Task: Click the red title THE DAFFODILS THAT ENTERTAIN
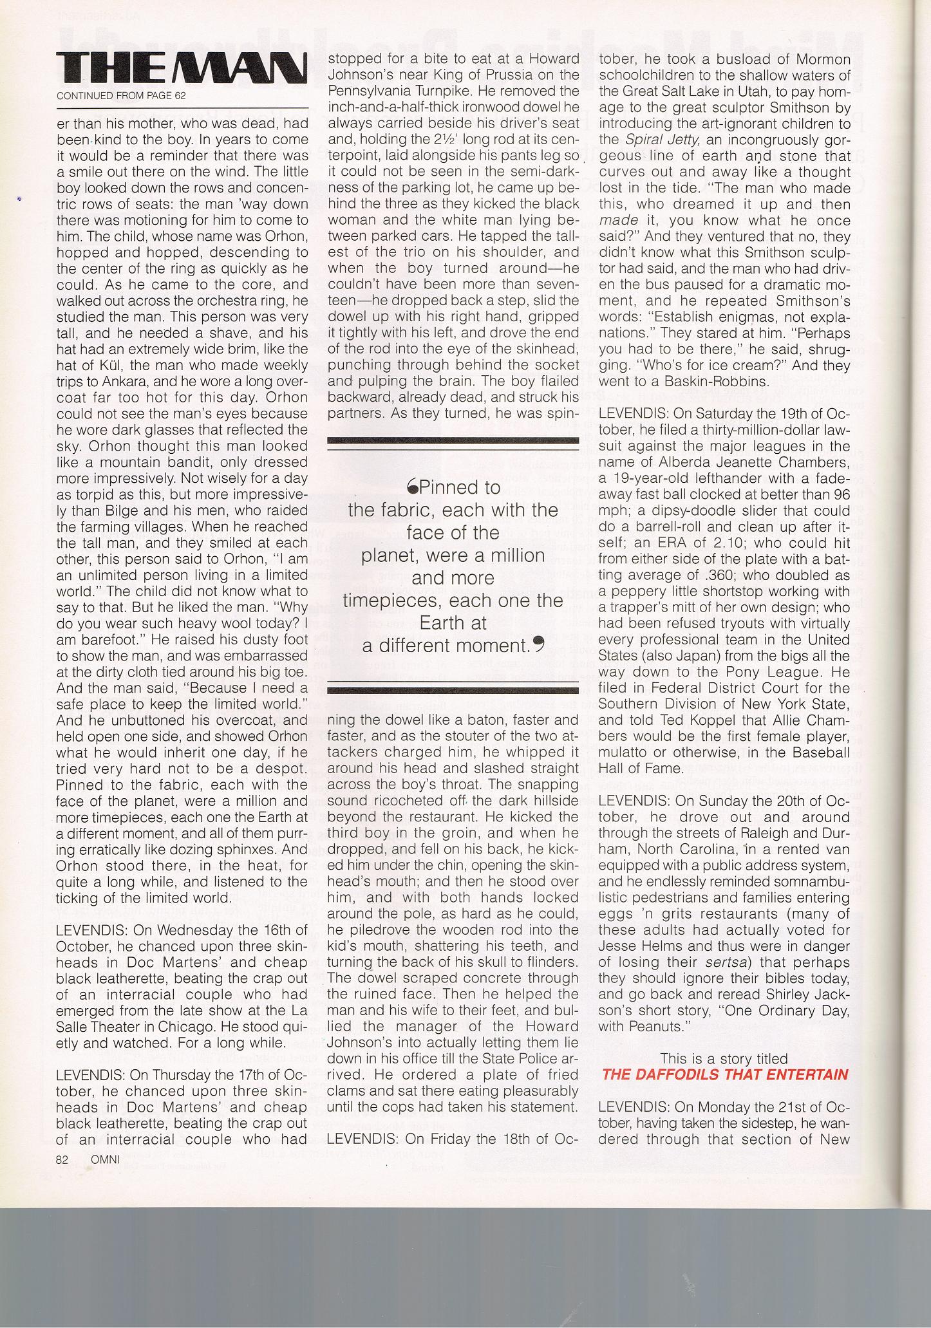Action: click(725, 1074)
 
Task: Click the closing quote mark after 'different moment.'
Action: click(538, 643)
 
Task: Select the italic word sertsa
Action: click(719, 962)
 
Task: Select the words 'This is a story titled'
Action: click(724, 1058)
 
